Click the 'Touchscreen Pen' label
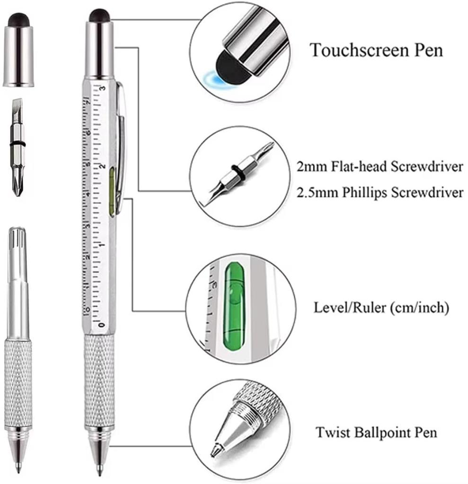pyautogui.click(x=376, y=50)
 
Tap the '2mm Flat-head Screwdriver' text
pyautogui.click(x=380, y=167)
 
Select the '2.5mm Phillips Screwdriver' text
pyautogui.click(x=380, y=193)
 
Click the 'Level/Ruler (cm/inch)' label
pyautogui.click(x=381, y=308)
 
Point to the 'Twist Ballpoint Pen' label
pyautogui.click(x=377, y=432)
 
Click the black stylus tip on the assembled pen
pyautogui.click(x=99, y=16)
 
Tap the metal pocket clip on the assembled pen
pyautogui.click(x=121, y=142)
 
